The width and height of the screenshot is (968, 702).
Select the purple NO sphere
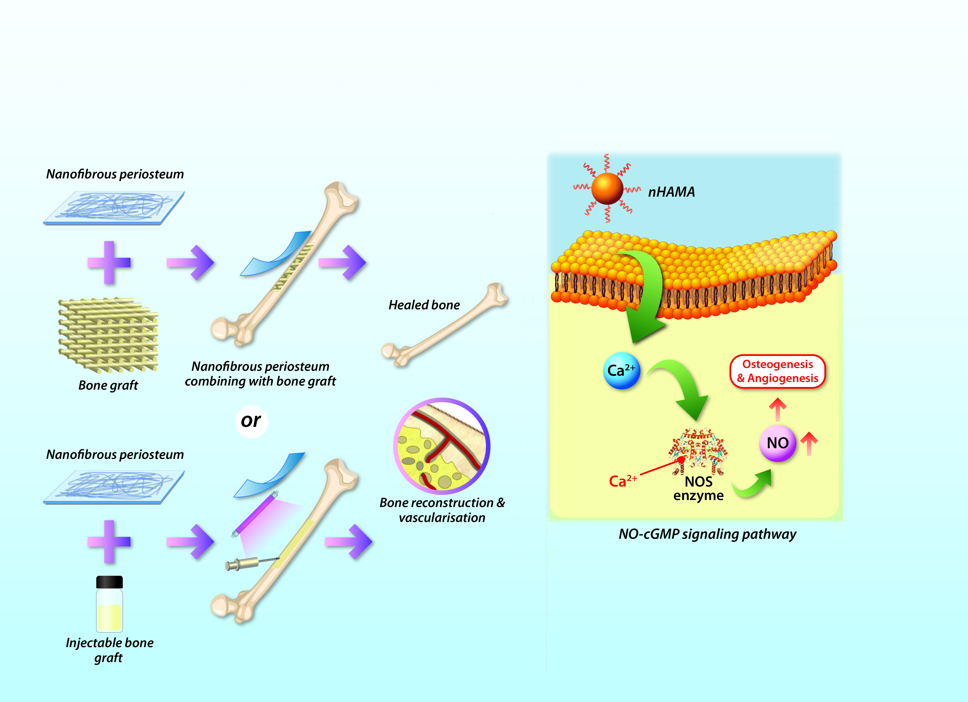pos(777,443)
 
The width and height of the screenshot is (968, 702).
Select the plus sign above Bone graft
pos(109,262)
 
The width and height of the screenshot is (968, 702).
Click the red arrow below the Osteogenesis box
pos(778,409)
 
